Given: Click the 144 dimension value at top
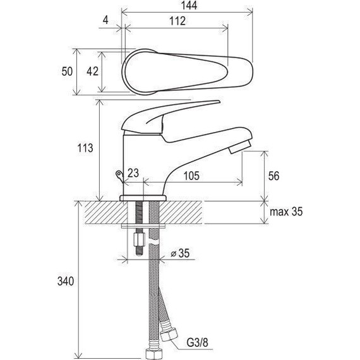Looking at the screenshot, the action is click(x=189, y=6).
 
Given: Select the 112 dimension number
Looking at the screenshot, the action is click(x=177, y=21).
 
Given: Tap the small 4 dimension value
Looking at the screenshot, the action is click(x=105, y=20).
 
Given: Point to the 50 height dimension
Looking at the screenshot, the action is click(x=67, y=71).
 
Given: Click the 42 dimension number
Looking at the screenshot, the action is click(x=92, y=71).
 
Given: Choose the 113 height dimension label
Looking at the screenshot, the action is click(x=85, y=148).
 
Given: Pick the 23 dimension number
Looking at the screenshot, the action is click(x=133, y=173).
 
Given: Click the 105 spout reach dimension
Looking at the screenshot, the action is click(x=191, y=176).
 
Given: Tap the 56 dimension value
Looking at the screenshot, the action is click(x=273, y=176).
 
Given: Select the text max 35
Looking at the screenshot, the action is click(x=286, y=212).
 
